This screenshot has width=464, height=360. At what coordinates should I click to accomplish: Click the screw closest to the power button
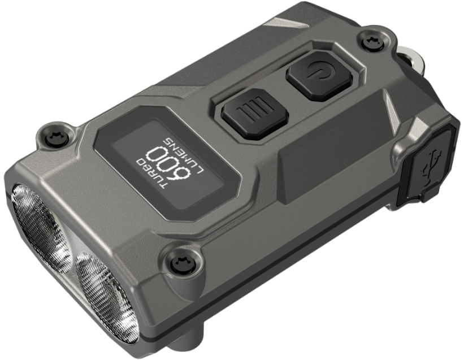pyautogui.click(x=368, y=40)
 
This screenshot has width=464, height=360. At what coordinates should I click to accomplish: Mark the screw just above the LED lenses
pyautogui.click(x=180, y=260)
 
